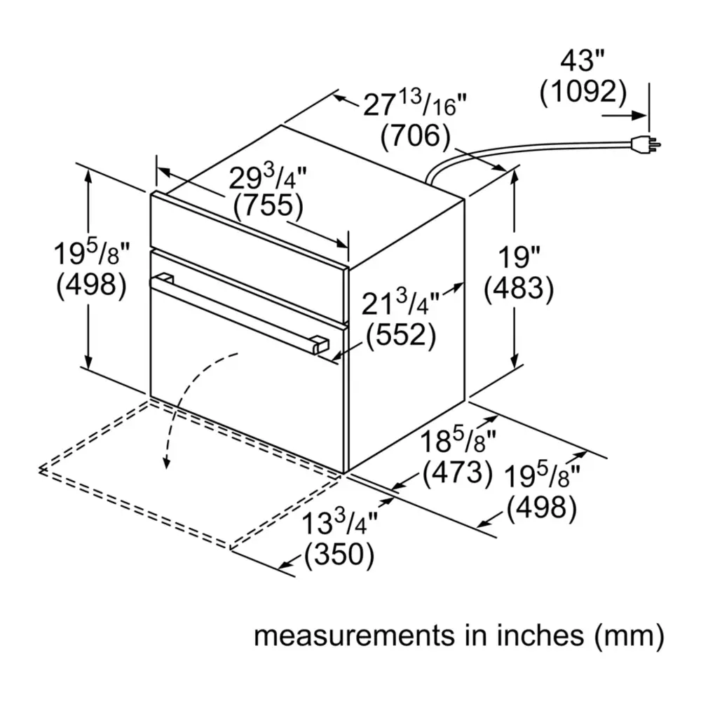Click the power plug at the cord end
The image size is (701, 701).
[644, 144]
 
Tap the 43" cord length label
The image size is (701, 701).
[582, 60]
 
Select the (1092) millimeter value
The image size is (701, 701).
[583, 92]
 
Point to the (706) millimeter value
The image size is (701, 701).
[415, 135]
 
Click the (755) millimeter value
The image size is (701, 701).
[268, 206]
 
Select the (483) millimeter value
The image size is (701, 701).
[519, 288]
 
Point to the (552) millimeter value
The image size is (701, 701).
[401, 334]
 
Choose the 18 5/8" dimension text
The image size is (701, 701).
[458, 441]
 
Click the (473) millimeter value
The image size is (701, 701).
[458, 472]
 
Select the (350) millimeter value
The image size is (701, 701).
[339, 554]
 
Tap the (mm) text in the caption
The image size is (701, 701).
[629, 635]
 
